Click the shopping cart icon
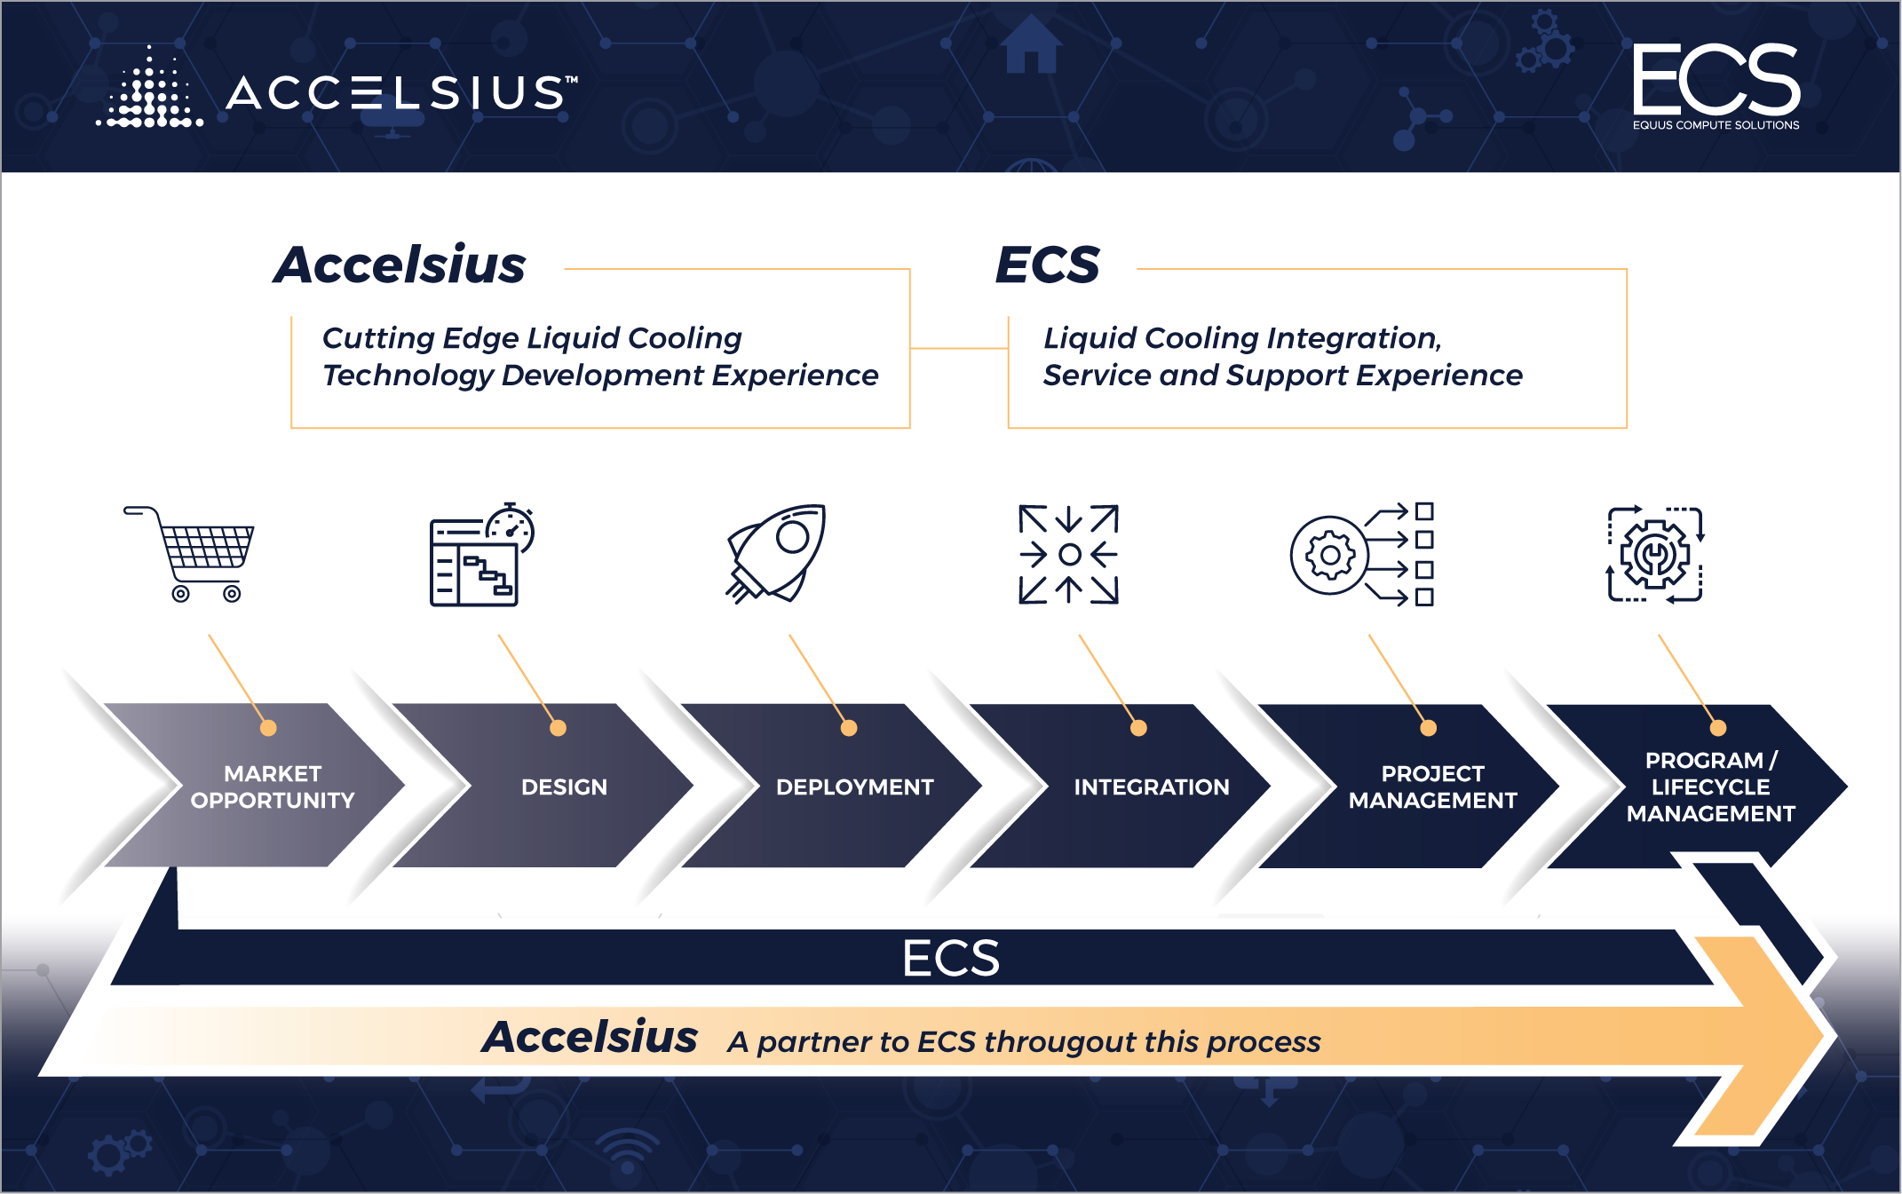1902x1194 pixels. click(189, 554)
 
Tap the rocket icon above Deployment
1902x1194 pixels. click(776, 554)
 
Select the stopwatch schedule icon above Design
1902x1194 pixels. click(481, 555)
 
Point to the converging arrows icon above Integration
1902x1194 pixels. click(1069, 555)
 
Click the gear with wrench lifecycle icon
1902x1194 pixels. click(1655, 555)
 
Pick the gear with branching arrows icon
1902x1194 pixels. click(1362, 555)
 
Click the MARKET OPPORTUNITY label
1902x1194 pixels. click(273, 787)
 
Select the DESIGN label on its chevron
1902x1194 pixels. click(564, 787)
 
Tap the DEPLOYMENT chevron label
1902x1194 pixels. click(854, 787)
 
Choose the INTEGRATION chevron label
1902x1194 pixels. click(1152, 787)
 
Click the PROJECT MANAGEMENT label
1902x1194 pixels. click(1432, 787)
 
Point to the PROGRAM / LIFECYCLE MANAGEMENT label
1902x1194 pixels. click(1711, 787)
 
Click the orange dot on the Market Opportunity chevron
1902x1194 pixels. click(268, 728)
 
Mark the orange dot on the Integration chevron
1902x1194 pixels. click(1138, 728)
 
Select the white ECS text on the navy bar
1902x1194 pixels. click(951, 958)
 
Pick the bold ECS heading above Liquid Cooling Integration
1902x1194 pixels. click(1048, 265)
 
